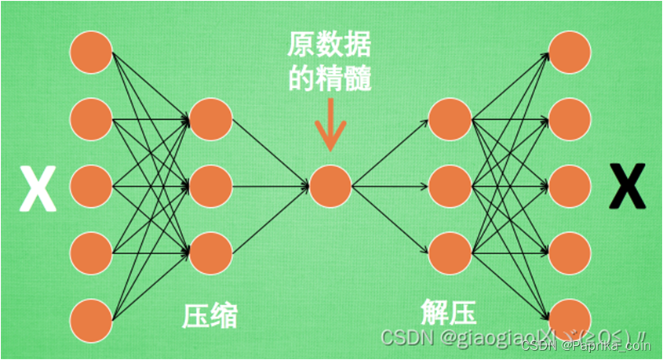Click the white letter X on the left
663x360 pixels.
pyautogui.click(x=38, y=188)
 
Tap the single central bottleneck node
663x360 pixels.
pyautogui.click(x=330, y=186)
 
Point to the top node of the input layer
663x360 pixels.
pyautogui.click(x=92, y=52)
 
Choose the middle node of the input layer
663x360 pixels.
pyautogui.click(x=92, y=186)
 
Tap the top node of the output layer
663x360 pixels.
pyautogui.click(x=569, y=52)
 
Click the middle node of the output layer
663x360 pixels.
pyautogui.click(x=569, y=186)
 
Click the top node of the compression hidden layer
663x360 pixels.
pyautogui.click(x=210, y=119)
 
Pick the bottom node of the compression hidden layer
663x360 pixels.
pyautogui.click(x=210, y=253)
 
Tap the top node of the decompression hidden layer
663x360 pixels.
pyautogui.click(x=450, y=119)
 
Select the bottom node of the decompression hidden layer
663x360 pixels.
pyautogui.click(x=450, y=253)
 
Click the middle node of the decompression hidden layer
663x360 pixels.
pyautogui.click(x=450, y=186)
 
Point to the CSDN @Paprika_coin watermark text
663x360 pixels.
pyautogui.click(x=585, y=344)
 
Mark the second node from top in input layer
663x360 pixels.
pyautogui.click(x=92, y=119)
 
